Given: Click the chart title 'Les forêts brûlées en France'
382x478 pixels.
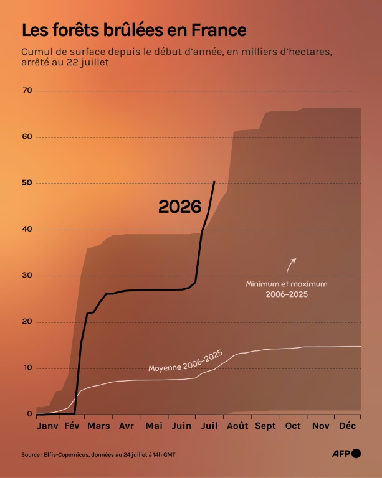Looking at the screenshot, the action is pos(134,30).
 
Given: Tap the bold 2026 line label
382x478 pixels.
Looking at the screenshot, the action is pos(179,207).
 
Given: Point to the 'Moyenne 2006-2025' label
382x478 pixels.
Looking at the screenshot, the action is pos(186,361).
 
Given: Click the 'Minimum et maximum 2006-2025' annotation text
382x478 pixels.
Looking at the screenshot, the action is pos(287,289).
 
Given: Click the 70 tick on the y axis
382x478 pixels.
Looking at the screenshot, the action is pos(27,90).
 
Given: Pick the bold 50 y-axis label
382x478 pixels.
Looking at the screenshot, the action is pos(27,182).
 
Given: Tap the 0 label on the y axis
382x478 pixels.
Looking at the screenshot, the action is pos(29,414).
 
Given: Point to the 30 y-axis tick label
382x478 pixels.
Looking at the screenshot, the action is pos(27,275).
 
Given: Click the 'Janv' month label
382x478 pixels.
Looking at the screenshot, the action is pos(47,426).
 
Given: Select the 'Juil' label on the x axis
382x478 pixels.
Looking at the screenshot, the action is pos(209,426).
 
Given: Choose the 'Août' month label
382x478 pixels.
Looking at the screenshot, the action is pos(237,426).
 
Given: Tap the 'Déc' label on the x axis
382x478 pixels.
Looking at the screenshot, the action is pos(348,426).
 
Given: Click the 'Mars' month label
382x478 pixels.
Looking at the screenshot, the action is pos(98,426).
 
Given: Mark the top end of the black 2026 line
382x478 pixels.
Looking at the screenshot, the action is pos(214,181).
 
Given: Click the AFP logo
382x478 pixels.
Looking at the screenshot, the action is pos(346,454).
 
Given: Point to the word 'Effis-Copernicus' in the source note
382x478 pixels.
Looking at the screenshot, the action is pos(67,454).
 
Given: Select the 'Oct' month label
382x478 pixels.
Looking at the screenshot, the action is pos(293,426).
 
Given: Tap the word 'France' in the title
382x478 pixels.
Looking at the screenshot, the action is pos(219,30).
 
